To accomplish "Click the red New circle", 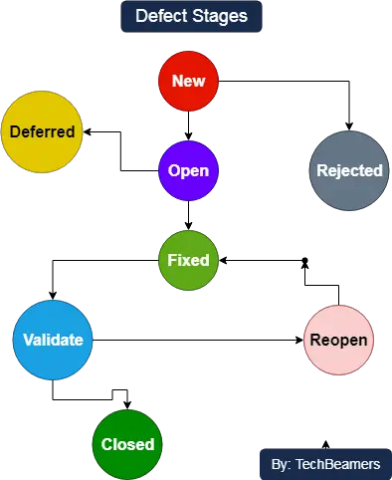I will [x=189, y=80].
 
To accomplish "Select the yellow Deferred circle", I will [x=41, y=131].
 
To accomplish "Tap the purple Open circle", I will [x=188, y=170].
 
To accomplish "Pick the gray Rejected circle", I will [x=348, y=170].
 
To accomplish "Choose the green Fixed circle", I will [x=188, y=260].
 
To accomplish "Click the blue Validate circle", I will [x=53, y=340].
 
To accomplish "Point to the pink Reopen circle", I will [x=338, y=340].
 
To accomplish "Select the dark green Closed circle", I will [x=128, y=444].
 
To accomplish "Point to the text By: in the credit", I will [x=281, y=464].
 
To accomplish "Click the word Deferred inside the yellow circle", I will [x=41, y=131].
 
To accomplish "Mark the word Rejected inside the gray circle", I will [x=348, y=170].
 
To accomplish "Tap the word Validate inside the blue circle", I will [x=53, y=340].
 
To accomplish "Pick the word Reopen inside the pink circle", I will [x=338, y=340].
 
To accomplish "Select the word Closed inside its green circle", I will [x=128, y=444].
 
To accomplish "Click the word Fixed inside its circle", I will [x=188, y=260].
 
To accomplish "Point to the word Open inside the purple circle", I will [x=188, y=170].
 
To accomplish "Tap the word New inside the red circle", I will [x=189, y=80].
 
